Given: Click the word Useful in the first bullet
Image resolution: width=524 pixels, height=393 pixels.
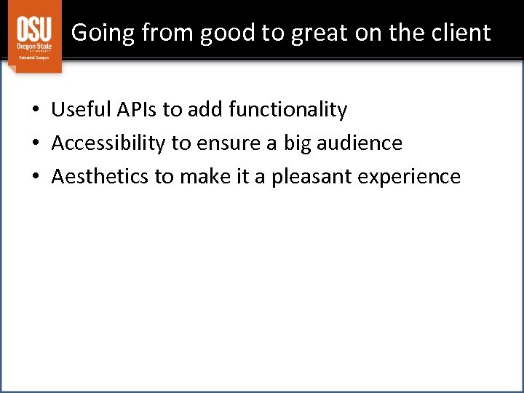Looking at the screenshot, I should (x=79, y=110).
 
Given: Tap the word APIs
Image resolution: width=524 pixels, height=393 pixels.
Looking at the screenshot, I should (x=134, y=110).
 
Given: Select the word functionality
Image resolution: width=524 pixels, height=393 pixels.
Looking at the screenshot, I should (x=287, y=110).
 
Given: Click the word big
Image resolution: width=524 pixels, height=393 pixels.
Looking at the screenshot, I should (x=297, y=143).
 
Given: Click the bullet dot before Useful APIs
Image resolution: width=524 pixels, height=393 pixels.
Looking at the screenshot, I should (x=35, y=111).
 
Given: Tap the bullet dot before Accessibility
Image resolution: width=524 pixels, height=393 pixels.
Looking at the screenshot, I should (x=35, y=144).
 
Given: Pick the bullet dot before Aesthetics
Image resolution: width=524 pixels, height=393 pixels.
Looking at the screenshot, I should (x=35, y=178).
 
